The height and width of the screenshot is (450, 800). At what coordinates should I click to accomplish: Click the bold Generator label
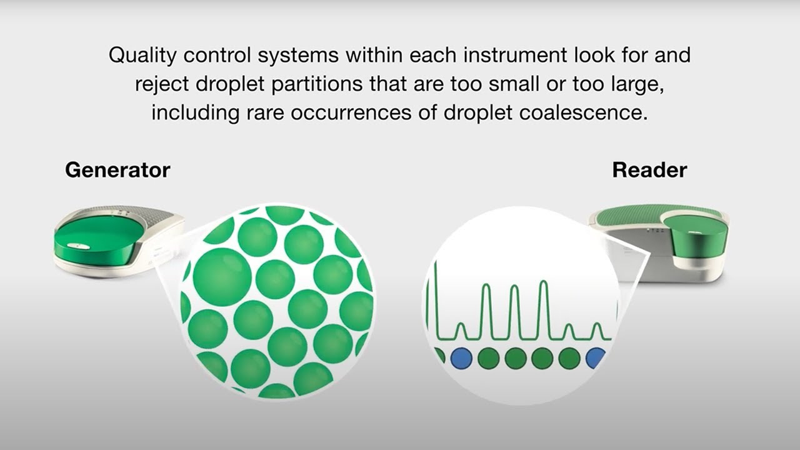[x=117, y=169]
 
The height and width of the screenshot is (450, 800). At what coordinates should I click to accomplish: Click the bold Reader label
[x=649, y=169]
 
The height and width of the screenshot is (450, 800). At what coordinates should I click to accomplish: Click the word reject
[x=163, y=84]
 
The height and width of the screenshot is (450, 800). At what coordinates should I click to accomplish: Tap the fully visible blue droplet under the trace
[x=461, y=358]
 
